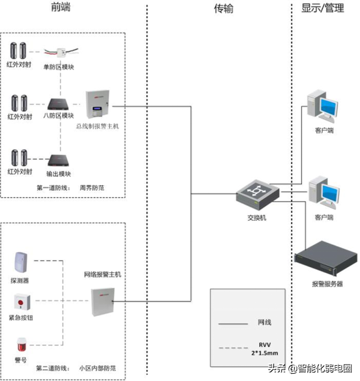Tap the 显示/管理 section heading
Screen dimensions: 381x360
(323, 8)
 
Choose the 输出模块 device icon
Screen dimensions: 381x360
(59, 159)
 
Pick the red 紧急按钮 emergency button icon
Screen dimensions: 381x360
(21, 303)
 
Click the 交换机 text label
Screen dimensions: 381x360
(256, 218)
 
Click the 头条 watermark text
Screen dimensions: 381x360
(277, 369)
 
